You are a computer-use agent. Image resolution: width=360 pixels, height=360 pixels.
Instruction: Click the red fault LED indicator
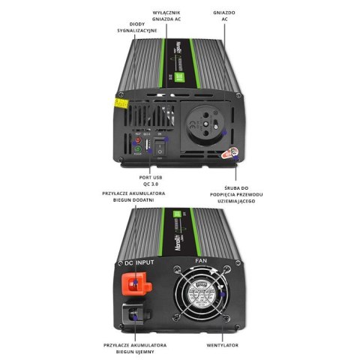(137, 140)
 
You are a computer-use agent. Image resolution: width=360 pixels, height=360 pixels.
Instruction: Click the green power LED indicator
(137, 149)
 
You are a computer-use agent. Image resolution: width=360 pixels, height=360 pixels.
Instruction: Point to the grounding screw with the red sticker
(232, 153)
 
